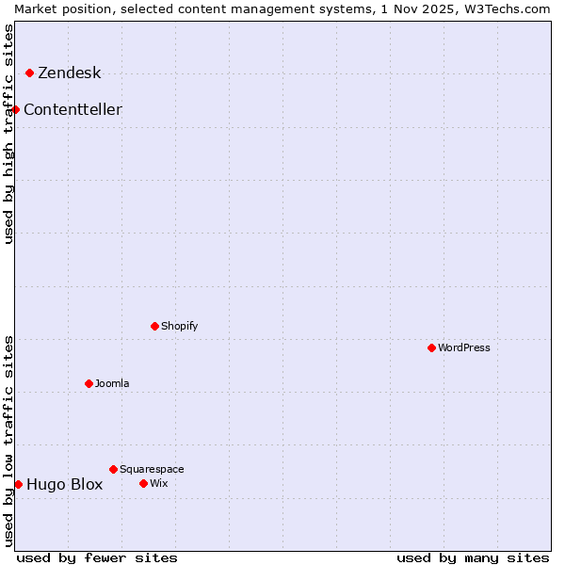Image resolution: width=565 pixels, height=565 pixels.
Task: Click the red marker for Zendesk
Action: pos(29,73)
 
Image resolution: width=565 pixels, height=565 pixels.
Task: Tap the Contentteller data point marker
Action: pos(16,109)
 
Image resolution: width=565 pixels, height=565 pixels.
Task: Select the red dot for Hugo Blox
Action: pos(18,484)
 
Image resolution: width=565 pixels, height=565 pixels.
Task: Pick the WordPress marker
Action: pos(431,347)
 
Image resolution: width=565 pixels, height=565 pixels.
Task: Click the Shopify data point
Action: pos(154,326)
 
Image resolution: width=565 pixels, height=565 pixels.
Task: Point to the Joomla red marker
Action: pos(89,383)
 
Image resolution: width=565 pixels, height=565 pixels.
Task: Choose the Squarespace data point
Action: pos(113,469)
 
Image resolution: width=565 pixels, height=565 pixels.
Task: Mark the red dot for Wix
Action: pos(143,483)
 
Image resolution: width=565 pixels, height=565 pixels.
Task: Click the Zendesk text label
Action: pos(69,73)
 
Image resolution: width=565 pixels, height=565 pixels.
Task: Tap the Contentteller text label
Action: pos(73,110)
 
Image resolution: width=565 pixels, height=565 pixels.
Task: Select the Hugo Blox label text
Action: pos(64,485)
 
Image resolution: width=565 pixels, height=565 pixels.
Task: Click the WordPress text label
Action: pos(463,347)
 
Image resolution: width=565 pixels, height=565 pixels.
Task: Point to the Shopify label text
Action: pos(179,326)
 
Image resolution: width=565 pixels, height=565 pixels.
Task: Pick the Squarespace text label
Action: pos(152,469)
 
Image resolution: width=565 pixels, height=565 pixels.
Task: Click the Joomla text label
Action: pos(112,383)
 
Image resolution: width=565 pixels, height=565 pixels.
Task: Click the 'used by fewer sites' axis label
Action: pos(97,557)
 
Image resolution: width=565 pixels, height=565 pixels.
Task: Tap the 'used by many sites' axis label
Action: pos(473,557)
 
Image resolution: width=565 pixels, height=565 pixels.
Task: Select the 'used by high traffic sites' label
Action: pos(8,133)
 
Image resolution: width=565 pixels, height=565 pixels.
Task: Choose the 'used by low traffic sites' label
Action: pos(8,440)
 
